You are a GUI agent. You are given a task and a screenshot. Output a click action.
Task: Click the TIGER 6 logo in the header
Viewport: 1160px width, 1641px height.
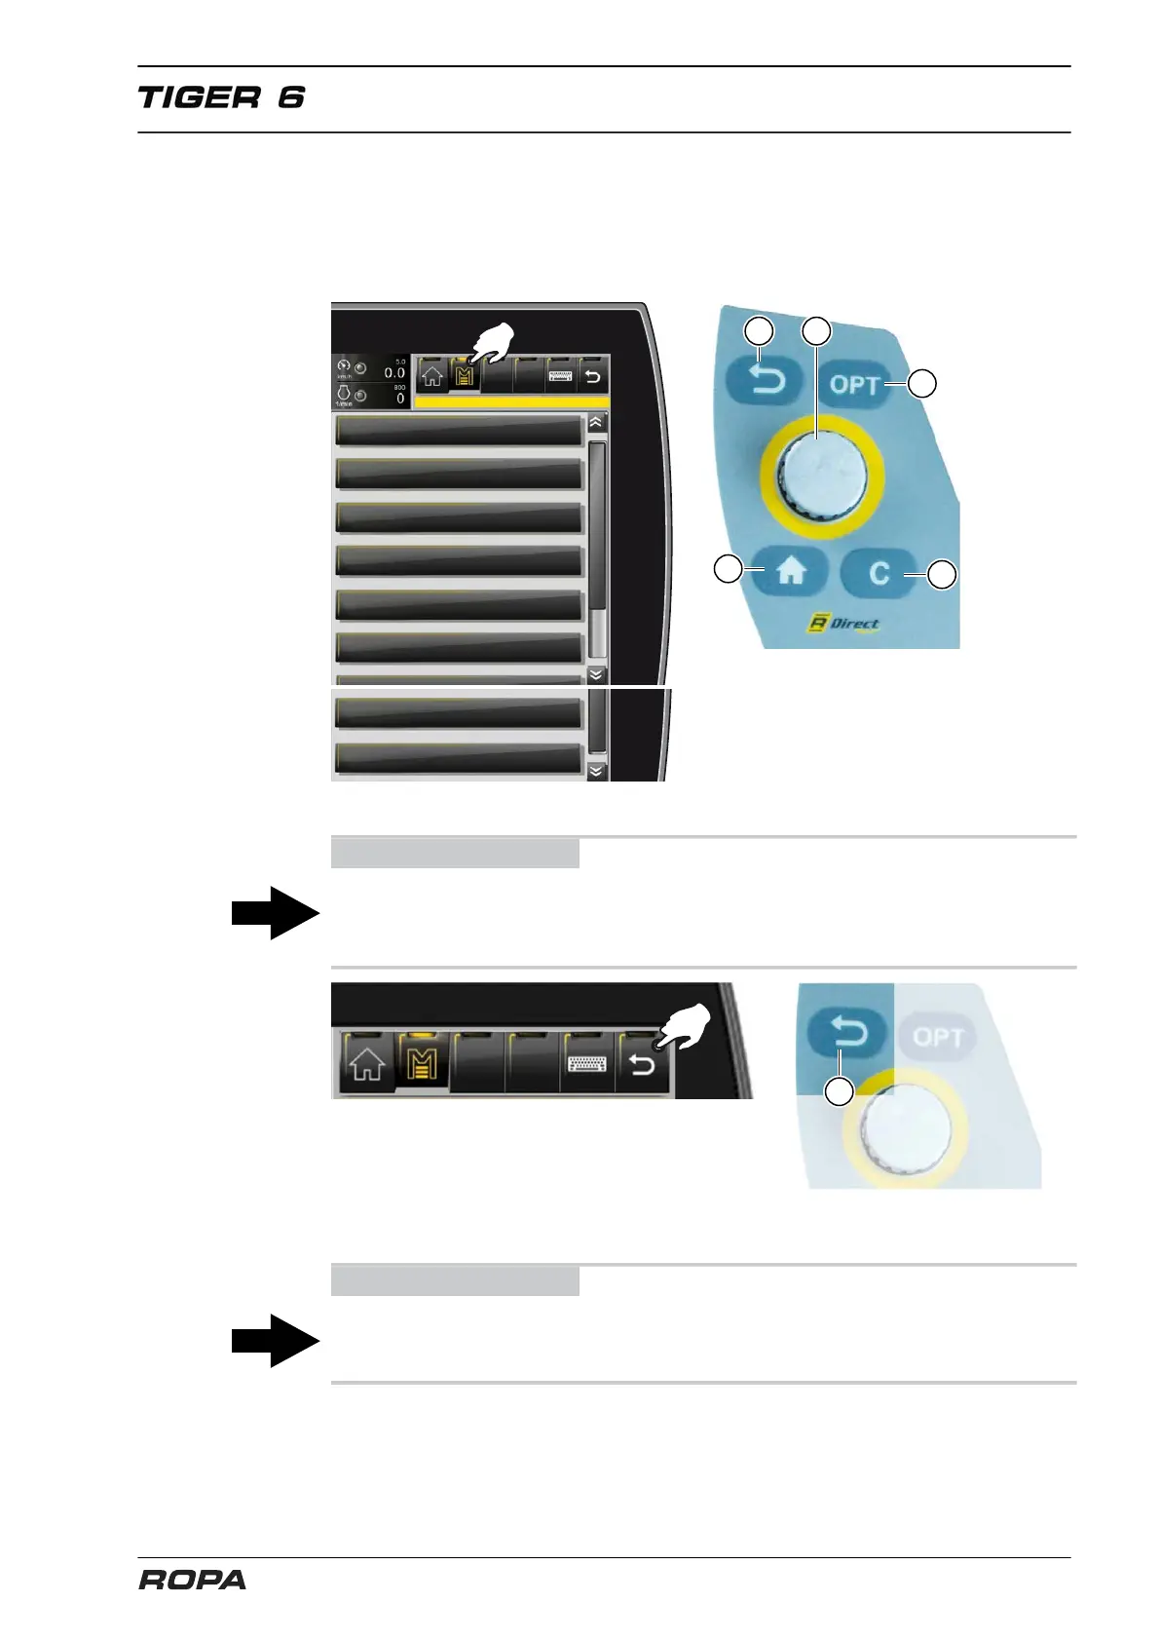(x=221, y=97)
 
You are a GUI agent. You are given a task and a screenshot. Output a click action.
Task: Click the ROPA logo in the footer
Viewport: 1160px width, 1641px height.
(x=192, y=1580)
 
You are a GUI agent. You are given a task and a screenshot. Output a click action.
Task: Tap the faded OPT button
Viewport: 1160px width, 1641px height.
(x=938, y=1037)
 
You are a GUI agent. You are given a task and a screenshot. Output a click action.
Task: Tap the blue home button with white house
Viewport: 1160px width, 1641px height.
(x=790, y=571)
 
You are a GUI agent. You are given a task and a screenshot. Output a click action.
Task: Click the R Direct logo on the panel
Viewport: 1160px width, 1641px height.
(x=843, y=623)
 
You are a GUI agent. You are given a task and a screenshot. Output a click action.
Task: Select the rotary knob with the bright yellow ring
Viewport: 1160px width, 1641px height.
(x=821, y=475)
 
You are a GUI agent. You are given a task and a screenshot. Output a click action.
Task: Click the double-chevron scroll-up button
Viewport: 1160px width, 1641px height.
(x=596, y=424)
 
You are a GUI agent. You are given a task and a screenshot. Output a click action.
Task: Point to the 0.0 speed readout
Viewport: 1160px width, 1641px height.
(x=393, y=372)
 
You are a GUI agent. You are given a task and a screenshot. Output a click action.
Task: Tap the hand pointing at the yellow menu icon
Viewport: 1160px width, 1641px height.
(x=494, y=343)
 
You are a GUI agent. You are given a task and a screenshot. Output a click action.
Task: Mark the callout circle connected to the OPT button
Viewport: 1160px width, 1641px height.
(x=922, y=383)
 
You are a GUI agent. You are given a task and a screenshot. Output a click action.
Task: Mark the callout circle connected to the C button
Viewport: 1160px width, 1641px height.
(x=941, y=575)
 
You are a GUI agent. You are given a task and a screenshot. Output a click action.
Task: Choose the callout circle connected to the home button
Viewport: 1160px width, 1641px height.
(x=729, y=568)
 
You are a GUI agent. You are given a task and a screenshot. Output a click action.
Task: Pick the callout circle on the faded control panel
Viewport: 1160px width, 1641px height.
(x=839, y=1091)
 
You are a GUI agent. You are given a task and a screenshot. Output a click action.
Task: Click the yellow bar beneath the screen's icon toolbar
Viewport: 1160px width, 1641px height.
(x=512, y=401)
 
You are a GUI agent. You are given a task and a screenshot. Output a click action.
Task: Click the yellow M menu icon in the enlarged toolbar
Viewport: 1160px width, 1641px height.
(x=422, y=1064)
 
